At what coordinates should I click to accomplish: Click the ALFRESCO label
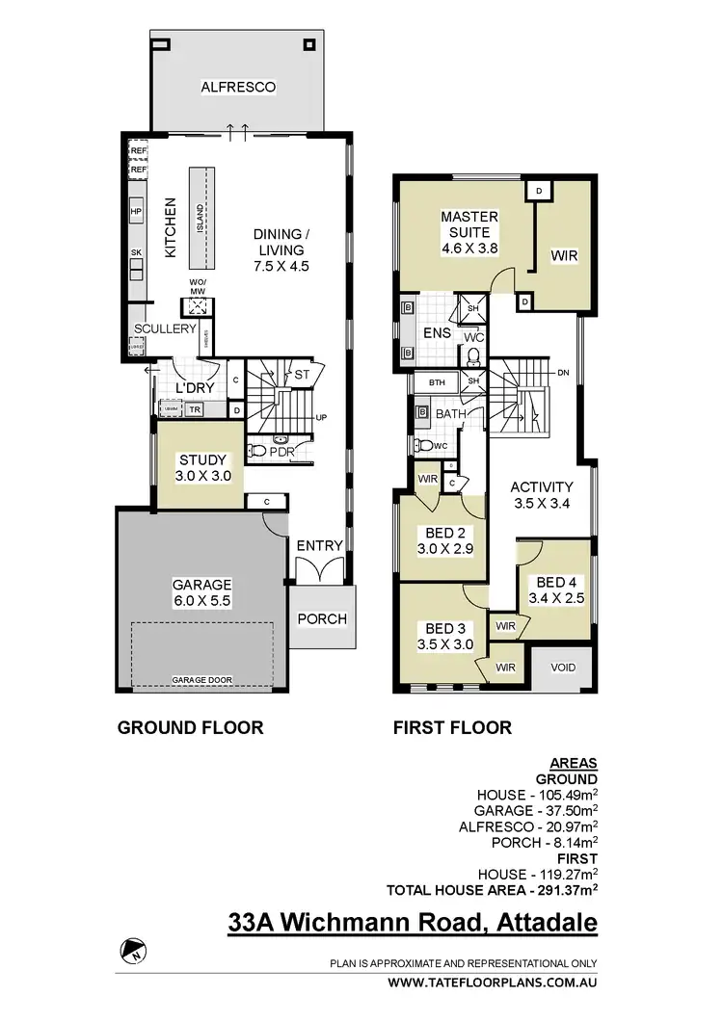tap(238, 88)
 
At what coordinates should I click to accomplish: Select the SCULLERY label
tap(165, 328)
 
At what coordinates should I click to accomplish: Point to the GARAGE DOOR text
tap(201, 680)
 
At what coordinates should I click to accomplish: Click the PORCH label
tap(321, 618)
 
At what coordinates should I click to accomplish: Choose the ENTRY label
tap(319, 545)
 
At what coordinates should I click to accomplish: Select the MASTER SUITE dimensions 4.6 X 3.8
tap(469, 249)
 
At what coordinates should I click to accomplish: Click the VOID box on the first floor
tap(564, 667)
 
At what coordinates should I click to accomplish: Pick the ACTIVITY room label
tap(541, 486)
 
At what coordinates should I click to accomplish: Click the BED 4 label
tap(556, 582)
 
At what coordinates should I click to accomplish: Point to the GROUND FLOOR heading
tap(190, 728)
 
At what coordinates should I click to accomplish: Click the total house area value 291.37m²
tap(560, 889)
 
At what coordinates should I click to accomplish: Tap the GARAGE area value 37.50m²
tap(561, 810)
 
